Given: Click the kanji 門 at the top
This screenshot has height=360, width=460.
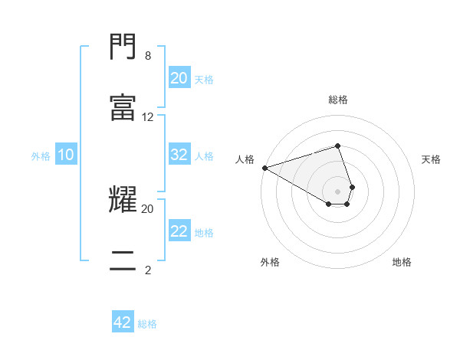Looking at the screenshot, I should (123, 48).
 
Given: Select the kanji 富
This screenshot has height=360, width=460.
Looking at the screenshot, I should (123, 108).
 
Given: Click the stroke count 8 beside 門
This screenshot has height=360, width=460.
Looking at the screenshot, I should (148, 55).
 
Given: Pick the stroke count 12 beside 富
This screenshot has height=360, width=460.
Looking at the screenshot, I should (148, 116).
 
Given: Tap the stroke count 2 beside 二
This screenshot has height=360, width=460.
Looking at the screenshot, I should (148, 269).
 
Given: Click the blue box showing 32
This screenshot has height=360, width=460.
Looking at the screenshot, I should (179, 155).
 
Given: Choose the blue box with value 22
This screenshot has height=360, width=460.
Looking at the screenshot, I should (179, 231).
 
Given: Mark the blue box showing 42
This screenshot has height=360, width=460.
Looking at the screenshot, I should (123, 322).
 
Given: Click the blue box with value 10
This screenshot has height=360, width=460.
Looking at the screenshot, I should (66, 155).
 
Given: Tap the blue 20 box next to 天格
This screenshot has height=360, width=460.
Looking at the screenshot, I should (179, 78).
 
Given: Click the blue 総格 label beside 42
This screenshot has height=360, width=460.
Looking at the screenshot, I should (147, 324).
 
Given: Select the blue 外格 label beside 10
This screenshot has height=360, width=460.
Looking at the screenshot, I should (41, 156).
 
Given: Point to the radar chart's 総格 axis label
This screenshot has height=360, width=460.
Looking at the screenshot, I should (338, 100).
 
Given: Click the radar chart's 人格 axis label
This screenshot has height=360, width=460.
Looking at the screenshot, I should (245, 159).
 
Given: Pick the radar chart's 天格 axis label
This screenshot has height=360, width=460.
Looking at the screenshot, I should (432, 159).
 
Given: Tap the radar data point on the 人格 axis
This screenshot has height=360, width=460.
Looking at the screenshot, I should (264, 168).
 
